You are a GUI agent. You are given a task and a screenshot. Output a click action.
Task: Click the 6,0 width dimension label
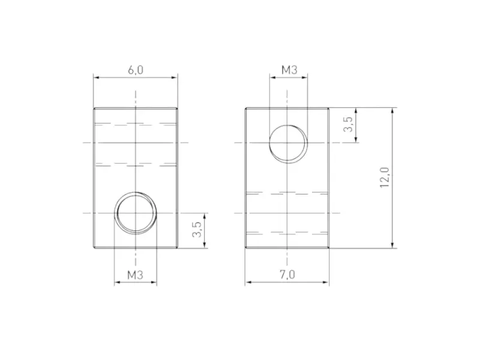(136, 70)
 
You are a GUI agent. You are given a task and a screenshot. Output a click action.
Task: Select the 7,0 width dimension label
(287, 275)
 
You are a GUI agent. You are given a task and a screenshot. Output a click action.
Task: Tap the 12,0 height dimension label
(385, 178)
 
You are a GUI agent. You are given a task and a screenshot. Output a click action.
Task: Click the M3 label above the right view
(289, 70)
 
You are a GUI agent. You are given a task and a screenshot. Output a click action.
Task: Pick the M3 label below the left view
(135, 275)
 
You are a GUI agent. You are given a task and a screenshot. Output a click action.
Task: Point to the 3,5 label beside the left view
(196, 230)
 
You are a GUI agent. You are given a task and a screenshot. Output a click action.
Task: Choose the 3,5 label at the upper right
(347, 125)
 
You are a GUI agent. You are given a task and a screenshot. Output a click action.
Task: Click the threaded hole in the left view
(136, 212)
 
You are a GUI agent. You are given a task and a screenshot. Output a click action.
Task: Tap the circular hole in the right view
(288, 143)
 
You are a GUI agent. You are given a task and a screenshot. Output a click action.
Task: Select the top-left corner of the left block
(94, 108)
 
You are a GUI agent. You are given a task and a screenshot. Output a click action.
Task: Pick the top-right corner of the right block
(329, 108)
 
